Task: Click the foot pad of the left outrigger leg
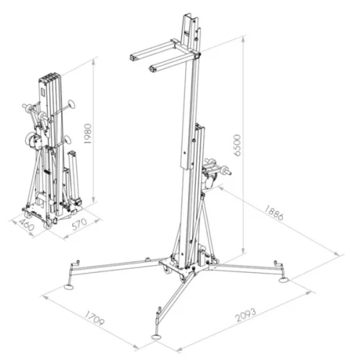point(70,283)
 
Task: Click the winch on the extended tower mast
point(215,172)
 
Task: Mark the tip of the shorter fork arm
point(152,70)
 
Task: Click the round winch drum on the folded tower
point(33,143)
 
